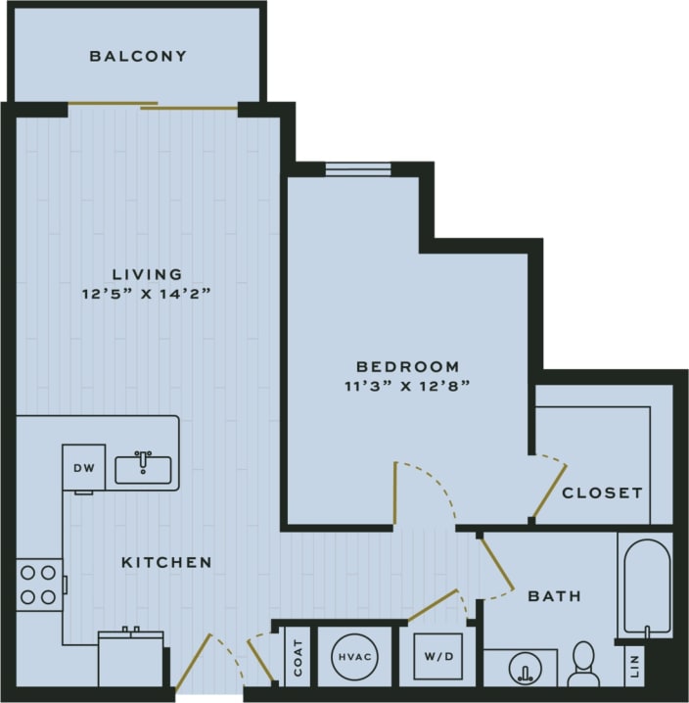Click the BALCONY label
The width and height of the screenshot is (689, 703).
click(x=138, y=56)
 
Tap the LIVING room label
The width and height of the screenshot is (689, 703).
click(x=147, y=274)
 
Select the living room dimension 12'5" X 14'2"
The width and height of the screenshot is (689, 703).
click(x=147, y=293)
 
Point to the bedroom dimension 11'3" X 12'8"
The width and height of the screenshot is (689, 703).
click(x=409, y=385)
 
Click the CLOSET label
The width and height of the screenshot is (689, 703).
click(x=602, y=492)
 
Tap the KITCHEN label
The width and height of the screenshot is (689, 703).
click(x=166, y=562)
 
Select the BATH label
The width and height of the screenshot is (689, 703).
click(x=555, y=595)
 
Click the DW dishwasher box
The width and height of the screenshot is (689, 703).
click(x=84, y=468)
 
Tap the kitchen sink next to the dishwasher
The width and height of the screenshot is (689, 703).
click(x=143, y=469)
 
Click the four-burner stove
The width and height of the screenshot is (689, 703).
click(x=37, y=585)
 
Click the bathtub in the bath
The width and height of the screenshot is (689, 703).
click(x=645, y=586)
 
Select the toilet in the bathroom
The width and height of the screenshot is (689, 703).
click(x=583, y=663)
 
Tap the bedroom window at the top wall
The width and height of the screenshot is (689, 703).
click(x=358, y=169)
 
